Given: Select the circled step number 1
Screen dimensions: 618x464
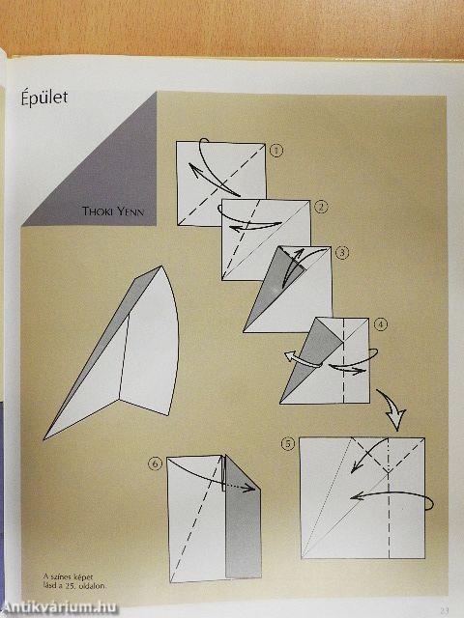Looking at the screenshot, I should pos(276,150).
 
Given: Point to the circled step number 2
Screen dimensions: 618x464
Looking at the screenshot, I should pos(322,206).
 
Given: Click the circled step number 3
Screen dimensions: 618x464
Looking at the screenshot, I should pos(342,253).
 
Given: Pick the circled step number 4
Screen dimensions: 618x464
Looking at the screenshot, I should pos(382,324).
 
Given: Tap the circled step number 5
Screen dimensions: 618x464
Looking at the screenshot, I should pos(287,444).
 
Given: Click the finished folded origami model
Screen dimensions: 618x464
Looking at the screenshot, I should pos(121,357).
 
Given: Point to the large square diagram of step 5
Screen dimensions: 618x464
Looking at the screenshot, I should pos(362,498).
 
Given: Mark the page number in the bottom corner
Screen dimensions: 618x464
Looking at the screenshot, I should pos(444,610).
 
